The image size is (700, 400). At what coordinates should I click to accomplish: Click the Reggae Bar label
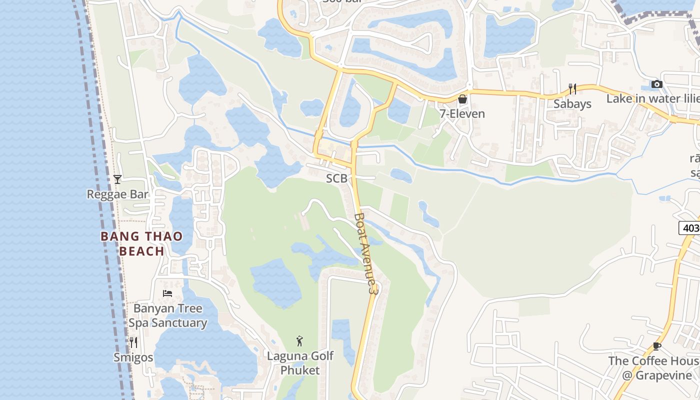(118, 194)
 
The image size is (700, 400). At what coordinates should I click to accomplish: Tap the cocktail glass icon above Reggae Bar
(117, 179)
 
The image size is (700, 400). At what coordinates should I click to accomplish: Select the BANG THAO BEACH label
(142, 243)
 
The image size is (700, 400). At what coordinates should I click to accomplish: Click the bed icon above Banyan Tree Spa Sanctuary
(167, 293)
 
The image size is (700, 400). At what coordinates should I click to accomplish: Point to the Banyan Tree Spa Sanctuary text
(167, 315)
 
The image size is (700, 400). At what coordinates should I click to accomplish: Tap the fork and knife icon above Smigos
(133, 342)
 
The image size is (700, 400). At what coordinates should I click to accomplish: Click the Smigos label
(133, 357)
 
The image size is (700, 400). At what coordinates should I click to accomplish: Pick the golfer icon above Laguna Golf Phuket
(299, 341)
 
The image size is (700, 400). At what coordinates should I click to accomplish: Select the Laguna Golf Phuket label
(300, 363)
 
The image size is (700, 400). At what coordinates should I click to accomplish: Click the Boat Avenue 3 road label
(364, 253)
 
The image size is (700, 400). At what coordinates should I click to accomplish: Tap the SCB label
(336, 178)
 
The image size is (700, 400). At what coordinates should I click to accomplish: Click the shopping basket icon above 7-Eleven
(462, 99)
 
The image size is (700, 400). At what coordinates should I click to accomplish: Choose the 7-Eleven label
(462, 114)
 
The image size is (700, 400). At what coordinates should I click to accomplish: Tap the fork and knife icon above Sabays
(572, 89)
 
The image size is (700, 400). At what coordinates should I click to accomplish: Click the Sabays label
(572, 104)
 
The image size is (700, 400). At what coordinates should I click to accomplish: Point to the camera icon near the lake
(657, 84)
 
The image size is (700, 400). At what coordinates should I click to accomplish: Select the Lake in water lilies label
(652, 98)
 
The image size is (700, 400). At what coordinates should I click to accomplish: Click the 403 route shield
(690, 228)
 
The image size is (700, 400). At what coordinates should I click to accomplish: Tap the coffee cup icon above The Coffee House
(657, 346)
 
